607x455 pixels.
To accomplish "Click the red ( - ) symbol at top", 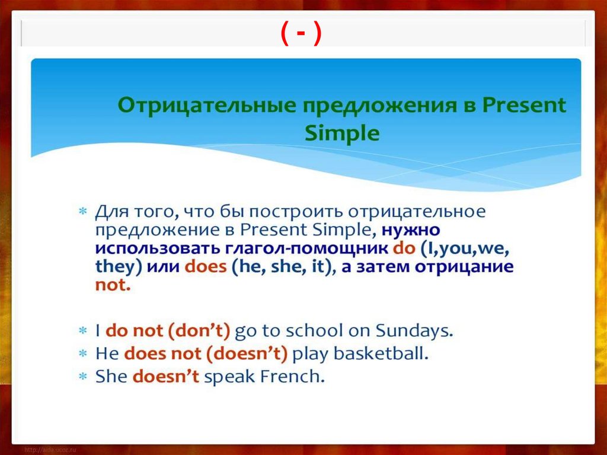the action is coord(301,33).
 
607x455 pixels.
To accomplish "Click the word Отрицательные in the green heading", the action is coord(207,105).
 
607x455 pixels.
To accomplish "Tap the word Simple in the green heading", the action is coord(342,133).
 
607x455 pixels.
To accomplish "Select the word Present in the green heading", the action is coord(524,104).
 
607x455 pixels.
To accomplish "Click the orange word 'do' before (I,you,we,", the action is coord(404,248).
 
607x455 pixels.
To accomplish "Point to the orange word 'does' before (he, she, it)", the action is coord(206,266).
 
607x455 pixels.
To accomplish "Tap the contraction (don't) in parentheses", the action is coord(199,331).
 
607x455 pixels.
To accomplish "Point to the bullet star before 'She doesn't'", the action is coord(83,376).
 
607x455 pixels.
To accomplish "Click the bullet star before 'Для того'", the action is coord(83,212).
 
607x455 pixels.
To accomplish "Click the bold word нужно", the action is coord(411,230).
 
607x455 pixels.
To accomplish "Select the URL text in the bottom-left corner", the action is coord(50,450).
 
